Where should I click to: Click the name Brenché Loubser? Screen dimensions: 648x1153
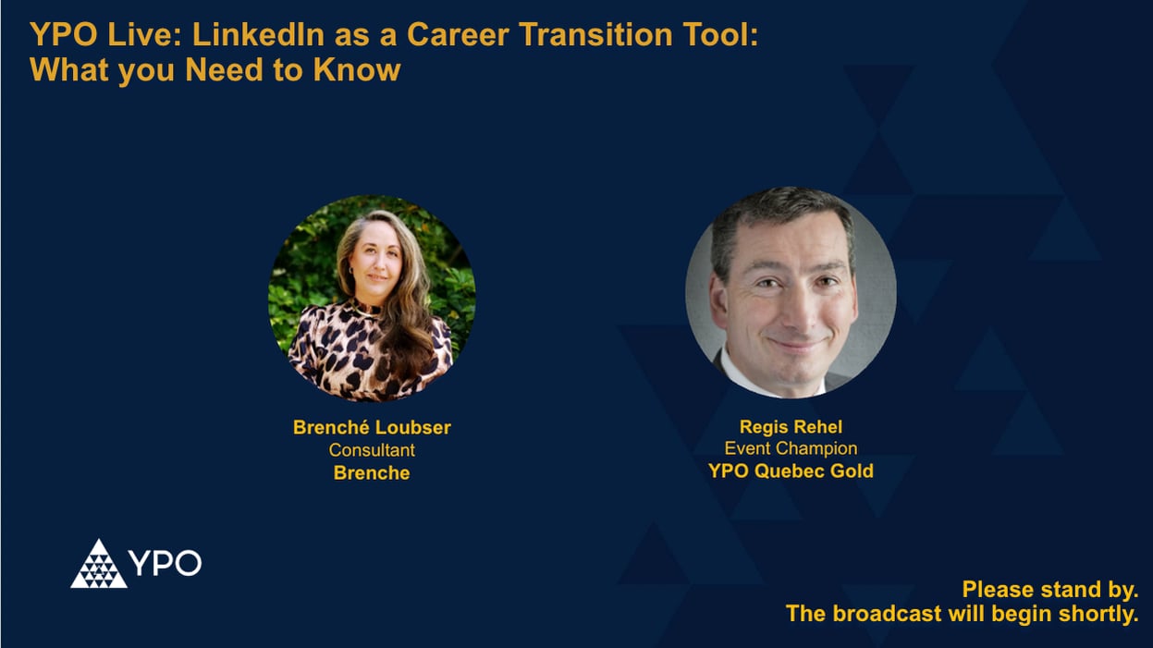(x=372, y=427)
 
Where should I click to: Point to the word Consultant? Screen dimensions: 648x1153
(x=372, y=450)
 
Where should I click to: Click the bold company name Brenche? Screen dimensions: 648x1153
(x=372, y=472)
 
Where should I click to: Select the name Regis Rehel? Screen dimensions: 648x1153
(x=791, y=426)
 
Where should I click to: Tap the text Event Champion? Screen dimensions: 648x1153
(x=791, y=448)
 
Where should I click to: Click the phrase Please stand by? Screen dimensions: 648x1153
(x=1049, y=589)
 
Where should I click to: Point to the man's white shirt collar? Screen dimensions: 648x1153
(x=740, y=374)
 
